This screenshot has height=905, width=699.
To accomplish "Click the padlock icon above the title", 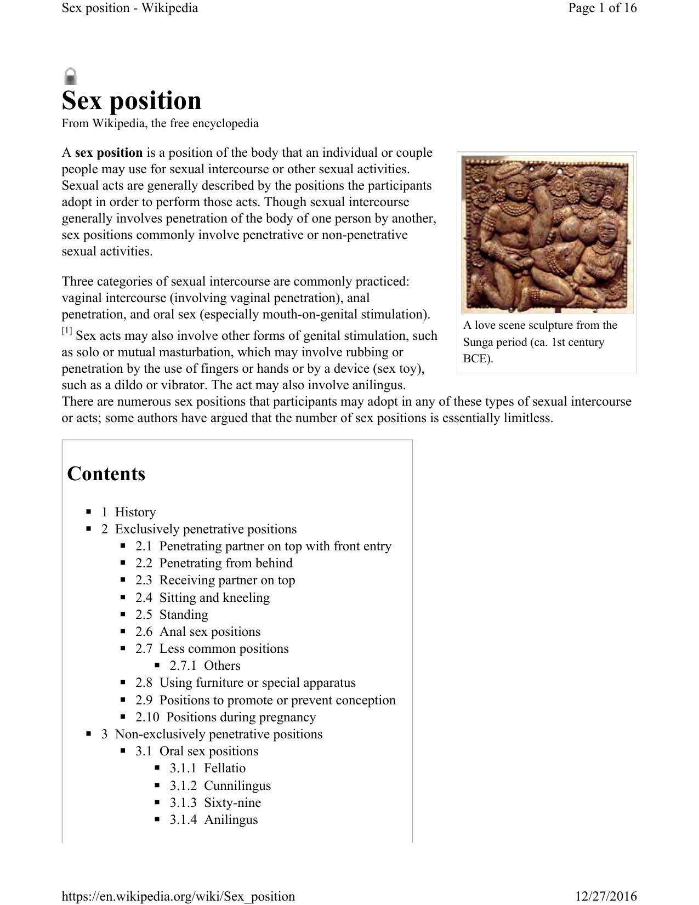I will tap(70, 76).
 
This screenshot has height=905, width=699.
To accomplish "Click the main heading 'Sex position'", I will tap(132, 101).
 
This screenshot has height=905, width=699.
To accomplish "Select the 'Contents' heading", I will tap(106, 474).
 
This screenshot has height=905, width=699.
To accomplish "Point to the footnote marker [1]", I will tap(67, 331).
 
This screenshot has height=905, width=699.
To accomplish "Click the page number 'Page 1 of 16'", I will tap(602, 8).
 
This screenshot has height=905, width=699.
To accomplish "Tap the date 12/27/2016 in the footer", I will tap(606, 896).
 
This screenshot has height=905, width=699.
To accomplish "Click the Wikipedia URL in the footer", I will tap(178, 896).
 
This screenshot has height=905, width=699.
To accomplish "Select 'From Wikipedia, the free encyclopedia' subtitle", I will tap(160, 123).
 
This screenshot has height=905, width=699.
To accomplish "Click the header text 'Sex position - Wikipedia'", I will tap(130, 8).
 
